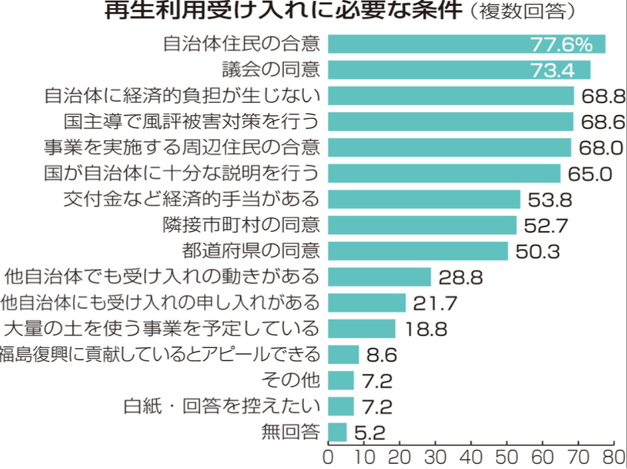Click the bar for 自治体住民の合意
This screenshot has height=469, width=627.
click(x=465, y=44)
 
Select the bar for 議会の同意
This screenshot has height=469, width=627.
click(x=459, y=70)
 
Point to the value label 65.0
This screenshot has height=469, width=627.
click(x=590, y=174)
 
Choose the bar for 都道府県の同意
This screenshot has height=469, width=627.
click(x=418, y=251)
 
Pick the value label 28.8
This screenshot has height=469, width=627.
click(x=459, y=277)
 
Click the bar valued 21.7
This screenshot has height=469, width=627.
click(x=366, y=303)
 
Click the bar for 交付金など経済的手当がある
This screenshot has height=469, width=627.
click(x=424, y=199)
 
